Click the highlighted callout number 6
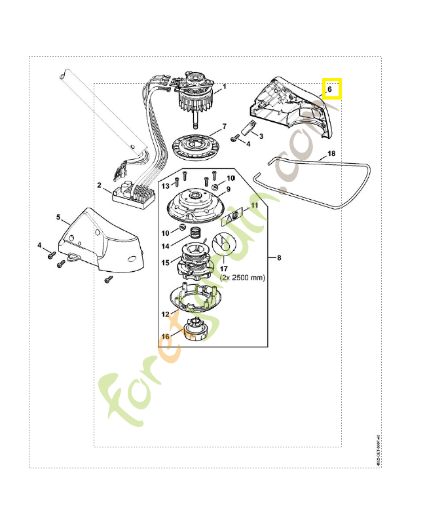point(331,88)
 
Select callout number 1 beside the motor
point(224,86)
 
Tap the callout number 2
point(100,185)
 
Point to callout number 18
point(331,153)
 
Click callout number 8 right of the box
point(279,257)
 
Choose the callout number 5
point(58,217)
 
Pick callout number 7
point(224,126)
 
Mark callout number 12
point(165,314)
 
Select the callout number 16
point(165,336)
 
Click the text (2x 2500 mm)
point(242,277)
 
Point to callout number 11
point(255,205)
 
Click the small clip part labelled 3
point(247,128)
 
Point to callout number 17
point(223,267)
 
